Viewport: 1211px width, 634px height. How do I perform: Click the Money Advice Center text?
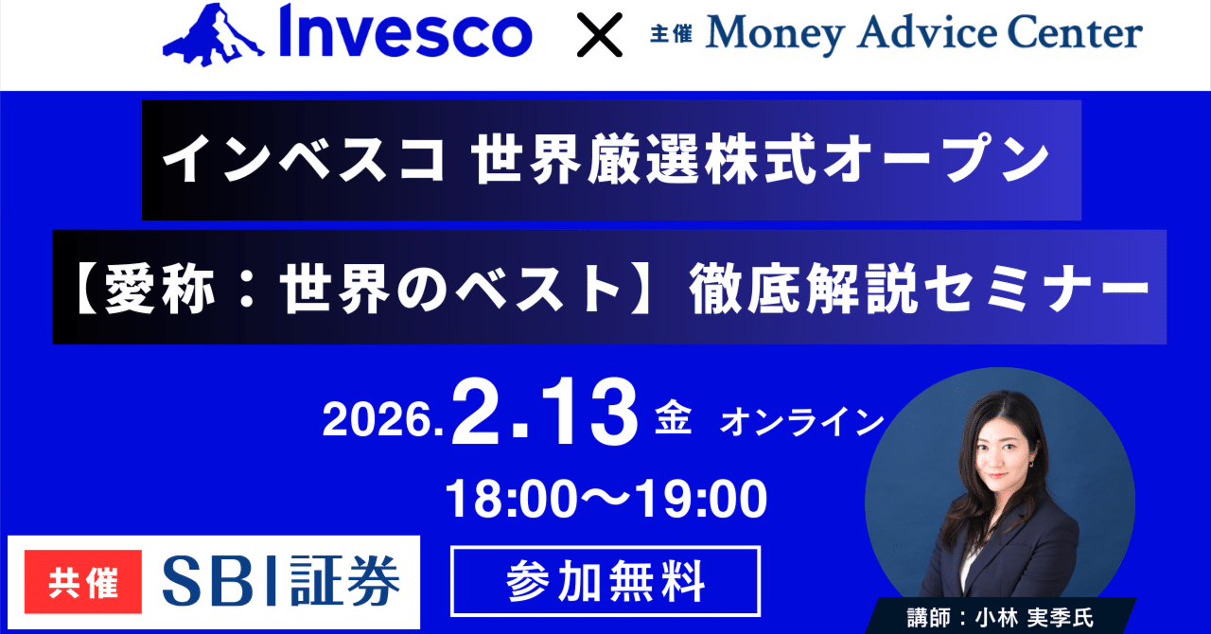point(924,35)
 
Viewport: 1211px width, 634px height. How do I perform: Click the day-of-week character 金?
point(674,419)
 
